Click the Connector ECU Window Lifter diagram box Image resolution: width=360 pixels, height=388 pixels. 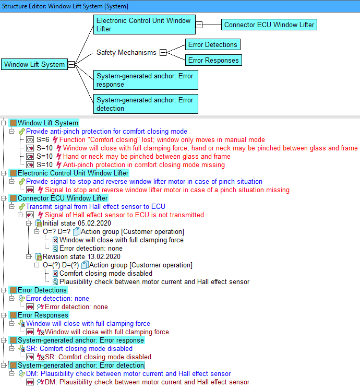269,25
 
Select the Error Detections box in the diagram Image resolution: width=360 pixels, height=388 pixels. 213,44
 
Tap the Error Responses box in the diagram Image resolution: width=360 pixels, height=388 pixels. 213,60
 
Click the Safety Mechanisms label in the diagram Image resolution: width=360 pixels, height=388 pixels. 126,52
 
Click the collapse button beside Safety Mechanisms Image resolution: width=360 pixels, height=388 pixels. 163,52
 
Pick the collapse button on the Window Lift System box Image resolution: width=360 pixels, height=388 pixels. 71,65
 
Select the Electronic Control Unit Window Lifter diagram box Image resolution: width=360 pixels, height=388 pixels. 145,25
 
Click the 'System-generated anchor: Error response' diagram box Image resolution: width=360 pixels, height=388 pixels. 146,80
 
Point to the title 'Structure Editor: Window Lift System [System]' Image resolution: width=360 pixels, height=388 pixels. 65,6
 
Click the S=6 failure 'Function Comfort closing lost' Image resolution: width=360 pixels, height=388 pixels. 162,140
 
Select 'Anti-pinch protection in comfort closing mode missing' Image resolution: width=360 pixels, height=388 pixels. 144,165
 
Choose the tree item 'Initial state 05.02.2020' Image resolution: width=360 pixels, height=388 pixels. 77,223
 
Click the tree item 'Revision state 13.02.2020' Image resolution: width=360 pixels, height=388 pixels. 81,256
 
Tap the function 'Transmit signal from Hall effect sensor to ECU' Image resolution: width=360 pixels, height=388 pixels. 95,206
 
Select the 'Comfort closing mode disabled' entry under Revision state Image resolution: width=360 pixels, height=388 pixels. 106,274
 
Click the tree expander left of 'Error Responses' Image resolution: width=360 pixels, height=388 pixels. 4,315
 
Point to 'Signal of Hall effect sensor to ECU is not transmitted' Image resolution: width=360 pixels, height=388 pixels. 124,215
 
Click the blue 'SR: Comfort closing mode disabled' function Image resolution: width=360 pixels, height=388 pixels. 79,348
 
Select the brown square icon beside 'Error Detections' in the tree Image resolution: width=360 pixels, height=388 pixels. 14,290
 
